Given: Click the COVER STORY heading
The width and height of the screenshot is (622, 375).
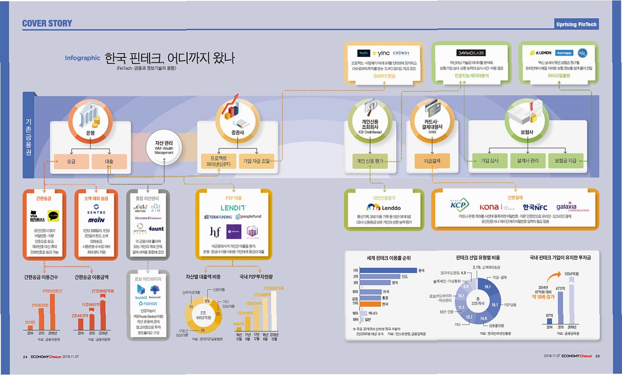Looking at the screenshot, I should pyautogui.click(x=47, y=24).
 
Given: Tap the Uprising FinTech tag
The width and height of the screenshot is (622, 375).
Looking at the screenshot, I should pyautogui.click(x=576, y=24).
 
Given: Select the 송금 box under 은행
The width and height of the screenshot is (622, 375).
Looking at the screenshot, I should pyautogui.click(x=71, y=161).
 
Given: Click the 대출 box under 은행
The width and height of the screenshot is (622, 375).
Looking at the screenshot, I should pyautogui.click(x=109, y=161).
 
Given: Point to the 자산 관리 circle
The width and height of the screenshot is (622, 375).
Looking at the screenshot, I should pyautogui.click(x=164, y=148).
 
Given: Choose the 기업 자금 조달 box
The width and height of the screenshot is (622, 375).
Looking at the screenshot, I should pyautogui.click(x=256, y=161).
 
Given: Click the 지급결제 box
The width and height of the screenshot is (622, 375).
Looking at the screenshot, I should pyautogui.click(x=432, y=161).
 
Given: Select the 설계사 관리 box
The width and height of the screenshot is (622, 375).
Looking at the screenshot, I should pyautogui.click(x=528, y=160).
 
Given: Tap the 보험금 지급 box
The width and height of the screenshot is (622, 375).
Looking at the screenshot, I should pyautogui.click(x=565, y=160).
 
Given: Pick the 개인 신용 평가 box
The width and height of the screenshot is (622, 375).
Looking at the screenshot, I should pyautogui.click(x=370, y=161).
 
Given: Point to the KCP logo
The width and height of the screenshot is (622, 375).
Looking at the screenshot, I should pyautogui.click(x=459, y=205).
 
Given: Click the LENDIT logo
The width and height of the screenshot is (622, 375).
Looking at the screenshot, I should pyautogui.click(x=233, y=208).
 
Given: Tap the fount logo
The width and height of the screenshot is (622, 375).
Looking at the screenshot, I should pyautogui.click(x=156, y=228).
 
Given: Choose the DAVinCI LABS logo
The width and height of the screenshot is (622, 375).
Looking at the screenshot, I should pyautogui.click(x=471, y=53).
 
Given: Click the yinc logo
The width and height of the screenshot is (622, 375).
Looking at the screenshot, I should pyautogui.click(x=381, y=53).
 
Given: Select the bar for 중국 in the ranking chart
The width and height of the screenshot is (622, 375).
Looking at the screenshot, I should pyautogui.click(x=388, y=271).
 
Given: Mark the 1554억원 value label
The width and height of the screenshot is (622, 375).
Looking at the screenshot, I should pyautogui.click(x=572, y=274).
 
